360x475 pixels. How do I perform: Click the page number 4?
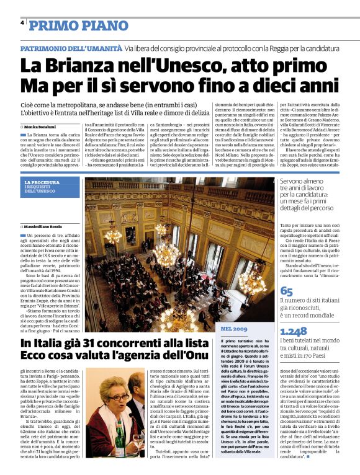(22, 24)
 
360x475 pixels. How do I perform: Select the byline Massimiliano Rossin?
(43, 229)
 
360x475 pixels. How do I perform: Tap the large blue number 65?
(287, 291)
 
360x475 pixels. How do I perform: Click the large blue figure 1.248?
(294, 332)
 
